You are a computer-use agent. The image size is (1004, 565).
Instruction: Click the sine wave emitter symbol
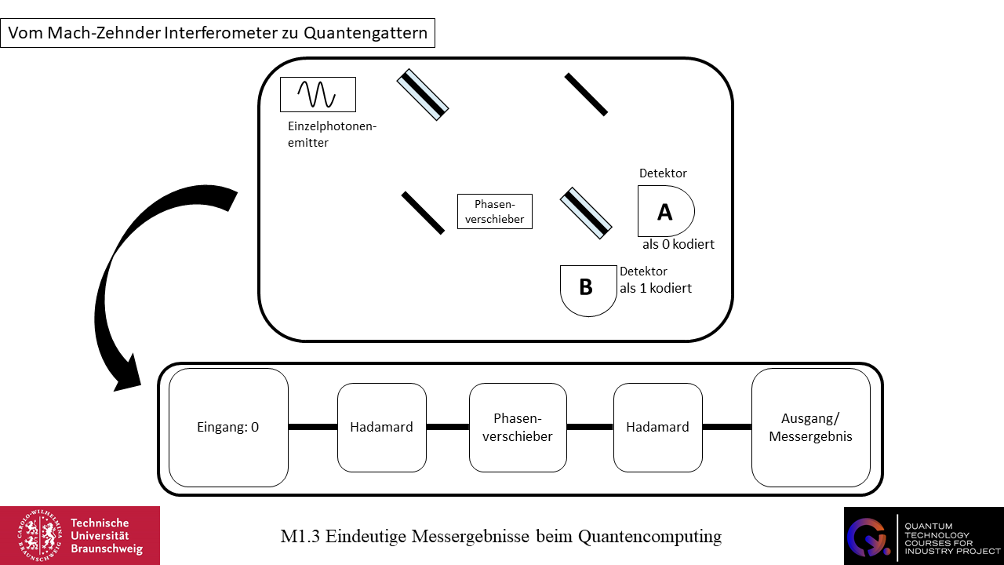318,94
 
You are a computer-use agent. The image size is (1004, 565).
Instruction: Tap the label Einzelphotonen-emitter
333,134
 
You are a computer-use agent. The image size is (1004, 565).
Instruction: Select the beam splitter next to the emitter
423,95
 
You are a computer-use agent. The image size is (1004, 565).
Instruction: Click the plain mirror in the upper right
586,94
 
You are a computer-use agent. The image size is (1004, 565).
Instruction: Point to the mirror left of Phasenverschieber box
423,213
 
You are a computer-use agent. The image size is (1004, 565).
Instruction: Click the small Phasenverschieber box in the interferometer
495,212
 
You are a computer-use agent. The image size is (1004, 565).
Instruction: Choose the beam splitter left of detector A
586,213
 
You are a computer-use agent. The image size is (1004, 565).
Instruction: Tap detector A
665,211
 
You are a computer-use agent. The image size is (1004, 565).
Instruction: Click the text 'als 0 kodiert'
678,244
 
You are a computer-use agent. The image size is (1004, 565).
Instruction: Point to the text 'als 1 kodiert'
656,288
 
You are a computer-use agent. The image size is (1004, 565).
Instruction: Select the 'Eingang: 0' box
228,428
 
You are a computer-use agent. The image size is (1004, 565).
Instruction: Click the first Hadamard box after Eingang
382,428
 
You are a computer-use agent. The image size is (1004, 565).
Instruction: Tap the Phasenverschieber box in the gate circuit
518,428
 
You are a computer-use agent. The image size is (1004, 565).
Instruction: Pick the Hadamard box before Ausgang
657,428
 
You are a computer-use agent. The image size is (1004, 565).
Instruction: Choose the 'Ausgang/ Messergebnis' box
810,428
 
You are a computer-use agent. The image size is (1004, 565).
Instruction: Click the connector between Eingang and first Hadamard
313,427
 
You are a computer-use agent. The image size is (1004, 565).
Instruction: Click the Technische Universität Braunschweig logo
80,535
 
